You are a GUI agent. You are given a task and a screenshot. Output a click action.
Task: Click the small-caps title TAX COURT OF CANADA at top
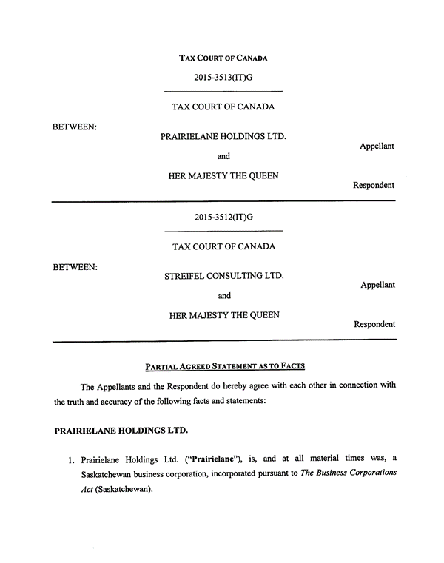(223, 58)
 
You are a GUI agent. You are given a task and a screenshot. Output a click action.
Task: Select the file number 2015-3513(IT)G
(223, 77)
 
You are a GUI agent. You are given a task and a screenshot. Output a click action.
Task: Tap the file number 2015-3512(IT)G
(223, 217)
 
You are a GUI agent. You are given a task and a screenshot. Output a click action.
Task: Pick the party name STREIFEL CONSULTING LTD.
(223, 276)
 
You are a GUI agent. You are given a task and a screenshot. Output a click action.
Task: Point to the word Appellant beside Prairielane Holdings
(377, 146)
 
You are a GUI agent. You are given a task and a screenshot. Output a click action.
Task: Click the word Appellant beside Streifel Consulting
(377, 285)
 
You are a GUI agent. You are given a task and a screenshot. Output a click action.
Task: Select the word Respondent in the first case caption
(374, 185)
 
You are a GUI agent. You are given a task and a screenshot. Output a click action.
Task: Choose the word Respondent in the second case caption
(374, 324)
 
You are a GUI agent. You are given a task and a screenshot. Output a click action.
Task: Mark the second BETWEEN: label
(75, 266)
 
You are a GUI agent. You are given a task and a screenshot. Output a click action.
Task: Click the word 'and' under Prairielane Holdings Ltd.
(223, 156)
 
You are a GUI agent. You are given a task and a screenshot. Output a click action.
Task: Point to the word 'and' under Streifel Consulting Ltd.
(224, 295)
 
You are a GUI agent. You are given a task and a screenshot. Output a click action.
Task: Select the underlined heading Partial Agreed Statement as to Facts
(224, 366)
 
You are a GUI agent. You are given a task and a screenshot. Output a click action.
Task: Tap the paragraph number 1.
(71, 462)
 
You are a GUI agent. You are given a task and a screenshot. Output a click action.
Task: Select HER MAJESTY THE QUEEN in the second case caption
(224, 315)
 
